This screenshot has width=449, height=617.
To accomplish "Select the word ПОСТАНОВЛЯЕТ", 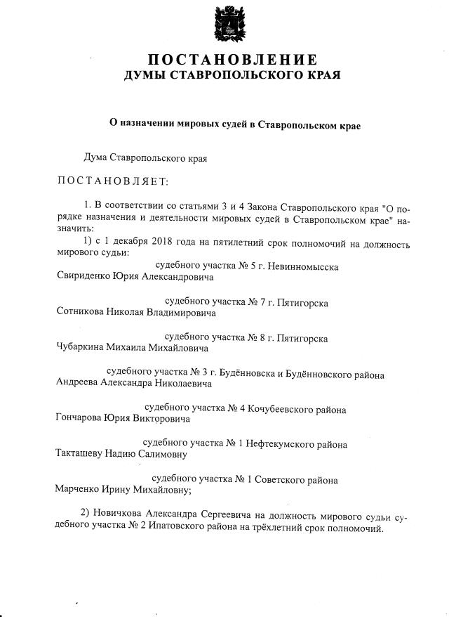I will click(x=113, y=182).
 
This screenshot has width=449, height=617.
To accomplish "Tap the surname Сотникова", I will click(x=81, y=312).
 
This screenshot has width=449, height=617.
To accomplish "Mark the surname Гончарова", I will click(x=79, y=419).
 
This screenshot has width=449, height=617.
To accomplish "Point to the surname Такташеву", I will click(x=81, y=454).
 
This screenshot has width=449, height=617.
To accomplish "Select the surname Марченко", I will click(x=79, y=491).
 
